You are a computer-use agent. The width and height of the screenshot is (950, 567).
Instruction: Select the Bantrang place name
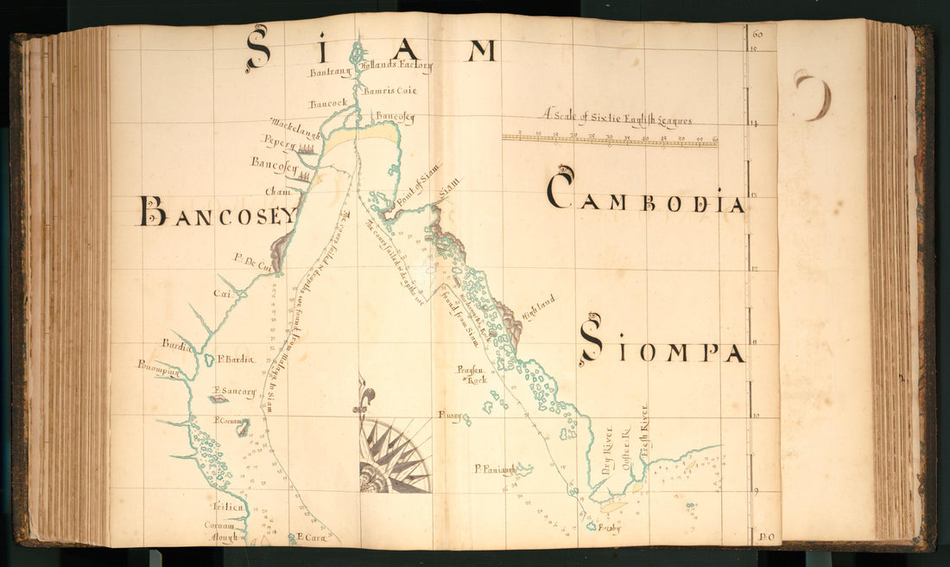328,73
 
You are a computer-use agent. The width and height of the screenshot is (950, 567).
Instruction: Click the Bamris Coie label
389,90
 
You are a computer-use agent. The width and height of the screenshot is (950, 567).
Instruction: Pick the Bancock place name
328,104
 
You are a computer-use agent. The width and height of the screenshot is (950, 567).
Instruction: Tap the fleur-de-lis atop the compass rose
366,398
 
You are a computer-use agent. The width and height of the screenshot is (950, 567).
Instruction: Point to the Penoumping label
158,369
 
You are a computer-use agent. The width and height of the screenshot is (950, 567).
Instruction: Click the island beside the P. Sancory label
219,399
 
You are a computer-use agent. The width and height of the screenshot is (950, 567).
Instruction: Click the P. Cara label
311,538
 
